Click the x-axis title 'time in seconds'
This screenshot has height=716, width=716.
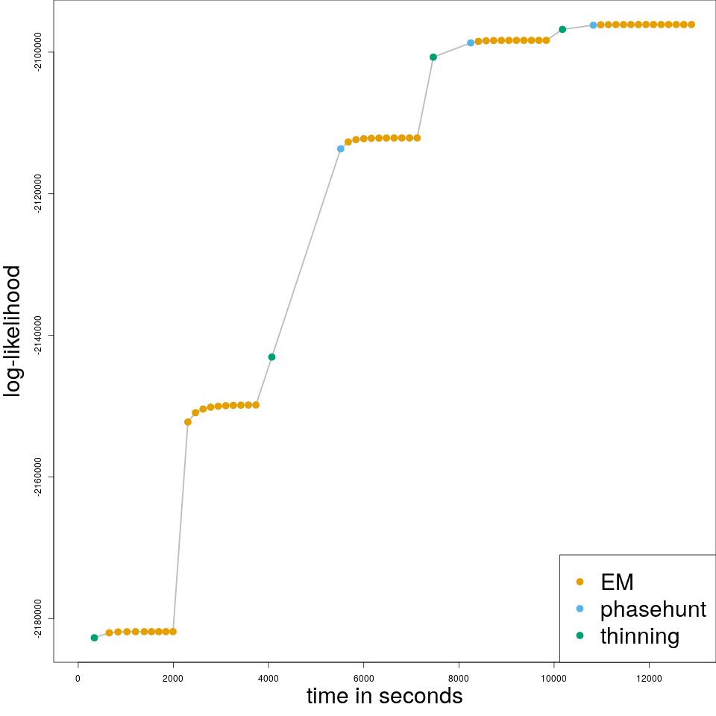click(x=384, y=696)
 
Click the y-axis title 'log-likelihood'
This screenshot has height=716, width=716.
click(x=13, y=331)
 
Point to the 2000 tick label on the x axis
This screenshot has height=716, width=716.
click(x=173, y=678)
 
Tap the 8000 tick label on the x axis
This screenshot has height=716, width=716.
click(x=459, y=678)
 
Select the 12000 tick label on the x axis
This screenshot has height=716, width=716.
click(x=649, y=678)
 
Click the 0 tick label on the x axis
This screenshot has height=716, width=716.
click(x=78, y=678)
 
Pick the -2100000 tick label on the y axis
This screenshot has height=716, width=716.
click(x=38, y=52)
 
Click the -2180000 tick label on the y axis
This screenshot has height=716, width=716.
click(x=38, y=618)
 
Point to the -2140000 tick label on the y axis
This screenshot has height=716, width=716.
click(x=38, y=335)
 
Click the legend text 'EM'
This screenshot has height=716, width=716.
click(x=617, y=582)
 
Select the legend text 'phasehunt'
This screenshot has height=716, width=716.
click(x=653, y=609)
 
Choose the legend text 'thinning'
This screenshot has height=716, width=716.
click(x=640, y=636)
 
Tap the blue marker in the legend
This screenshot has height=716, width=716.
click(x=580, y=609)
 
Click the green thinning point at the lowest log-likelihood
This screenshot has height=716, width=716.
click(x=94, y=638)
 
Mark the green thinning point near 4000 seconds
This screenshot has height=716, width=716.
click(x=271, y=357)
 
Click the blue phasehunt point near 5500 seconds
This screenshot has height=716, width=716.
click(x=341, y=148)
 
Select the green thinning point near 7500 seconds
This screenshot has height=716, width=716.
click(x=433, y=57)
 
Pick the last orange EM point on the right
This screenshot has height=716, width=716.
click(x=691, y=25)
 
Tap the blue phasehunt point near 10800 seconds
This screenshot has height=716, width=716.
click(x=593, y=25)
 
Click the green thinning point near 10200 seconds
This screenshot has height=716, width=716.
click(x=562, y=30)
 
